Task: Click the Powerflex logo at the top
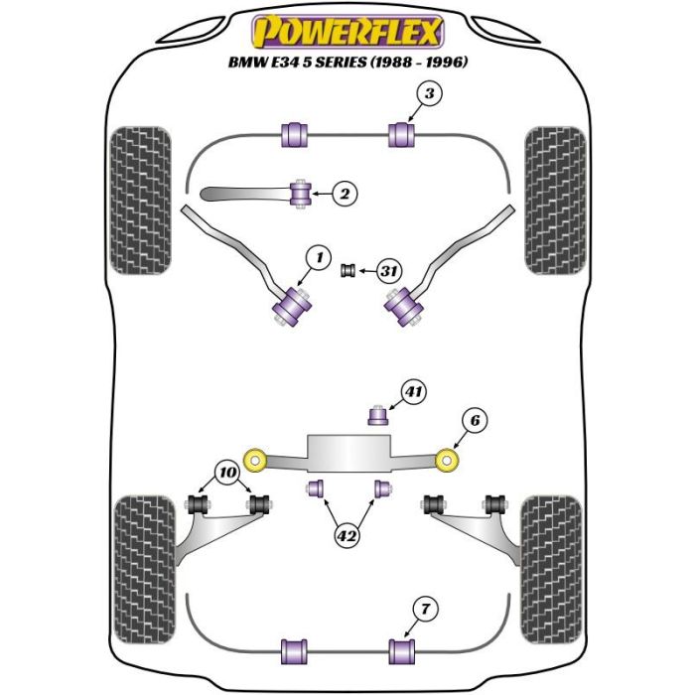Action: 347,33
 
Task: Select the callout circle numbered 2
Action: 343,194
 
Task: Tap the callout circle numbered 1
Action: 317,259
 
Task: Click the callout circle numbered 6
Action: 475,422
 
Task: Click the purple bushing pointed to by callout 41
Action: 377,414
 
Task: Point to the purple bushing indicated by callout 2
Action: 300,192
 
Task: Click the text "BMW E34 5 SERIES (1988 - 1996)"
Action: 347,62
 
